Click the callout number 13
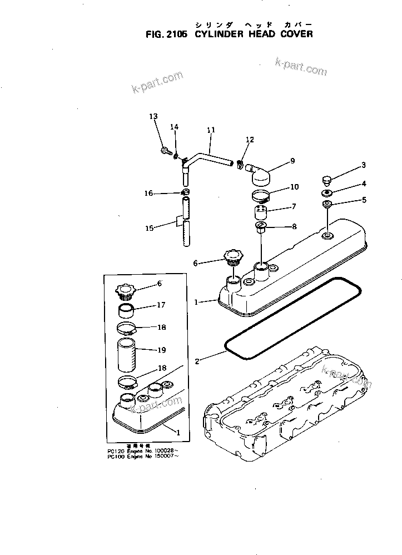click(153, 116)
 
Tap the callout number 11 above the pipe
click(211, 130)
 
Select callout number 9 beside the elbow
click(292, 161)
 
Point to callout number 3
click(364, 165)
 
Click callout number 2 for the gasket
click(197, 361)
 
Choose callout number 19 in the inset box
click(161, 350)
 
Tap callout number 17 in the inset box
click(161, 305)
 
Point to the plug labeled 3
click(326, 180)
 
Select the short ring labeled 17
click(127, 307)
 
